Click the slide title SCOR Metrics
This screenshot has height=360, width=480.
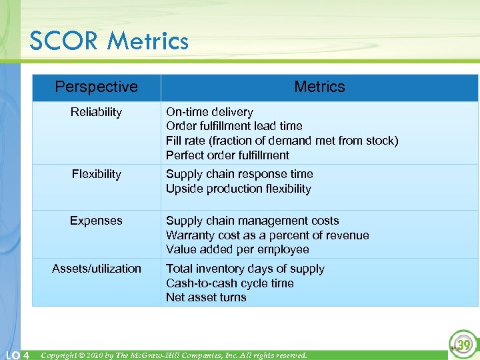pos(109,41)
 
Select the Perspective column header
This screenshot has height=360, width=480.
pos(96,87)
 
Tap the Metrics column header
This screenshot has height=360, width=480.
pos(319,87)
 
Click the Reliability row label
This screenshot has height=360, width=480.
pos(96,112)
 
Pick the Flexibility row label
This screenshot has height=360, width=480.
pos(96,174)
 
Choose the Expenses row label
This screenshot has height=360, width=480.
pos(96,221)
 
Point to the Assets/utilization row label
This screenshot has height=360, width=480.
pos(96,269)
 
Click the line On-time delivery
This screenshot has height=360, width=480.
pos(209,112)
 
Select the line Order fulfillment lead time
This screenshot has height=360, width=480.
pos(234,126)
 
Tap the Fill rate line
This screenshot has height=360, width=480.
pos(281,141)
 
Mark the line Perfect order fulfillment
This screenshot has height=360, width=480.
pos(227,155)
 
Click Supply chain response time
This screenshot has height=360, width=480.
pos(239,174)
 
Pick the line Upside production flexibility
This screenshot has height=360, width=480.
pos(238,189)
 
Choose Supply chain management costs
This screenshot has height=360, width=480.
pos(252,221)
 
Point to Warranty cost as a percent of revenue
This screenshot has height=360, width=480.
pos(267,235)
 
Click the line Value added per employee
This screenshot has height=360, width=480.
pos(237,249)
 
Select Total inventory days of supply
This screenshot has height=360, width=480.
pos(245,269)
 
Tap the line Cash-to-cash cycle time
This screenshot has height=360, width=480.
pos(229,283)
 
